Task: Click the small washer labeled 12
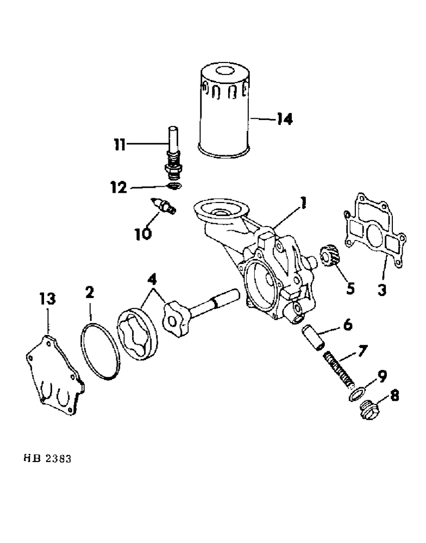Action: [x=173, y=187]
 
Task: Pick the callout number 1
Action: [x=303, y=204]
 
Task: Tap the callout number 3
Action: [x=382, y=291]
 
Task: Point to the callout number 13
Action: [x=48, y=299]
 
